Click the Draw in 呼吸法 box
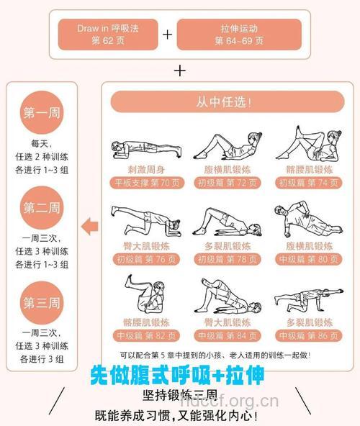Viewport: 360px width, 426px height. tap(109, 34)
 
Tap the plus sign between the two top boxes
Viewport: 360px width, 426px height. tap(167, 35)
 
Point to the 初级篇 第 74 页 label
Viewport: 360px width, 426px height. tap(307, 183)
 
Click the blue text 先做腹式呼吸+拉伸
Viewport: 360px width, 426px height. tap(177, 376)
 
